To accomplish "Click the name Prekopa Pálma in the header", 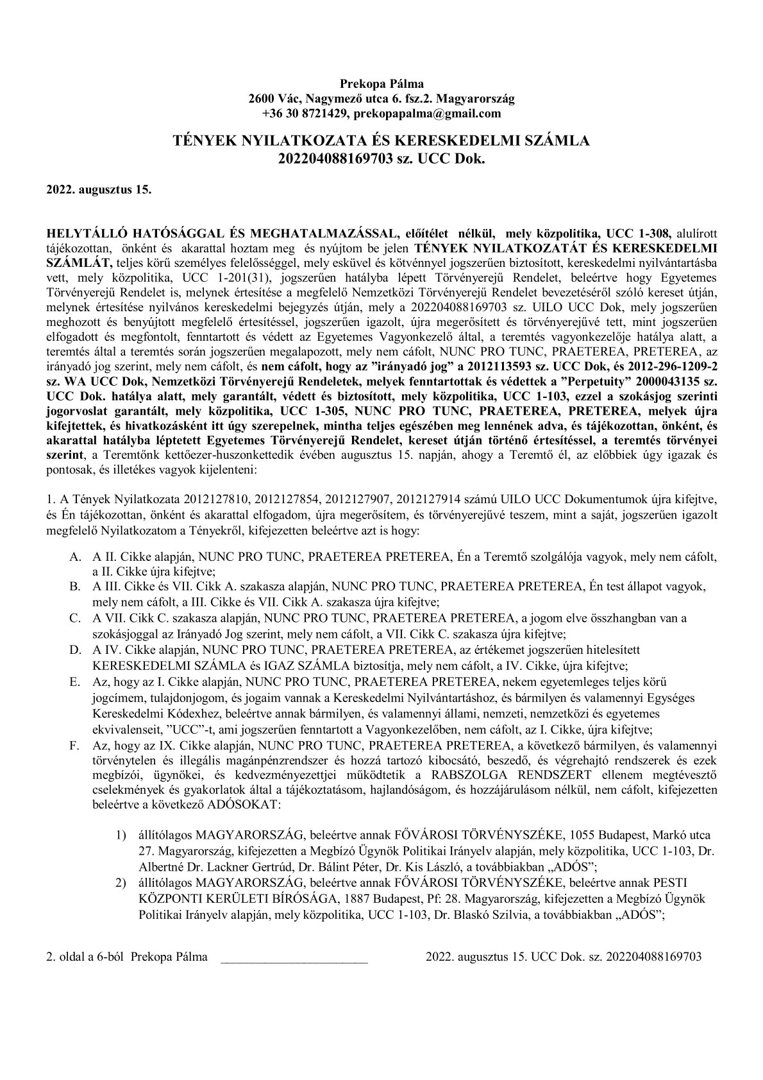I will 382,83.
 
